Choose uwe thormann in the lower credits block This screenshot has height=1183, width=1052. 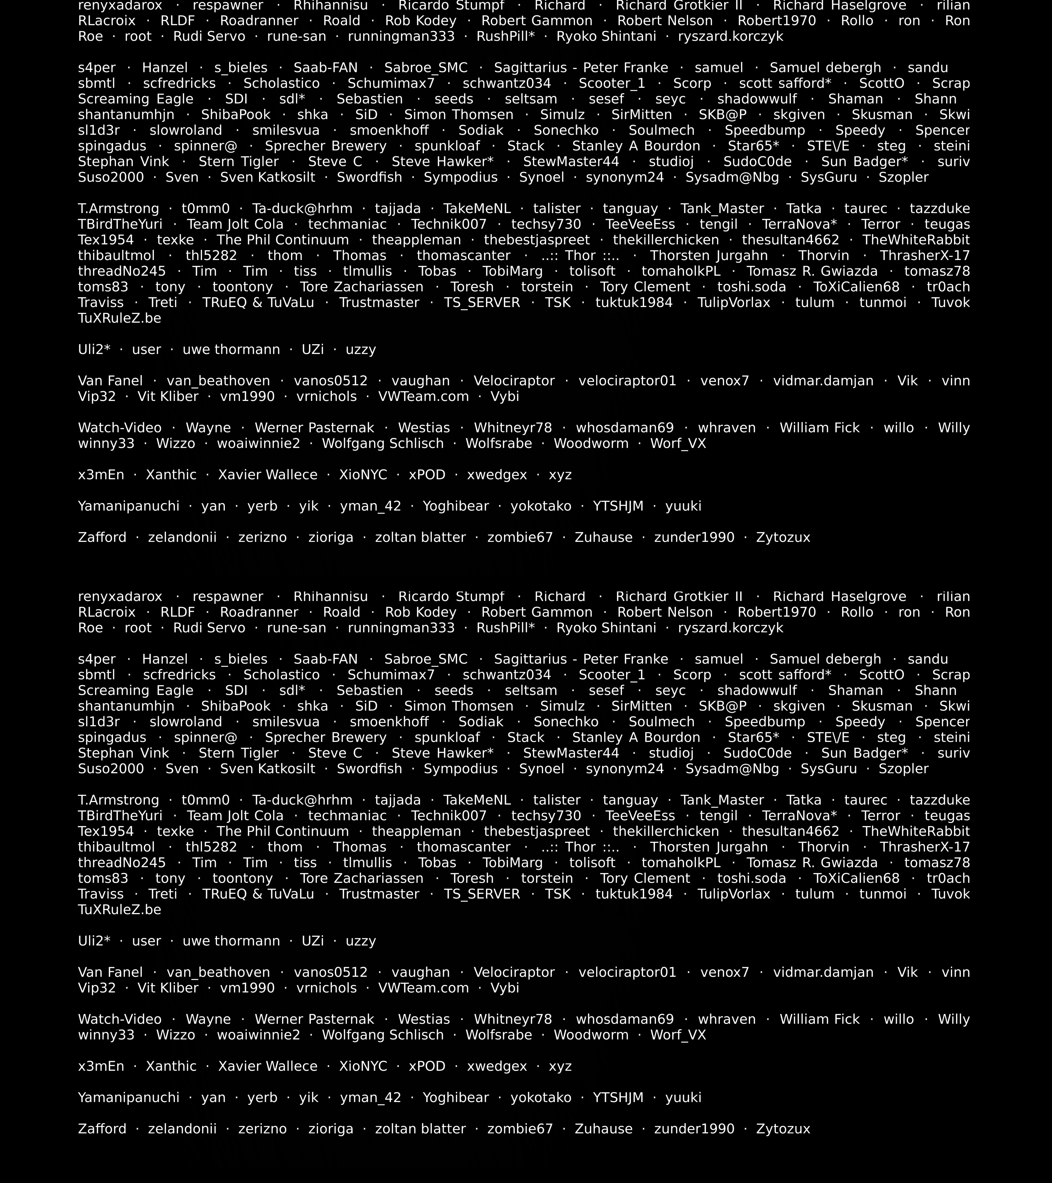point(231,941)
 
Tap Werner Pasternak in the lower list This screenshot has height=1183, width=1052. point(314,1019)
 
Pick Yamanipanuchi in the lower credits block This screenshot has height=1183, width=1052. point(129,1097)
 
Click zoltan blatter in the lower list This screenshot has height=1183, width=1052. point(420,1129)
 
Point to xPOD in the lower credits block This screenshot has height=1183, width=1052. point(427,1066)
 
